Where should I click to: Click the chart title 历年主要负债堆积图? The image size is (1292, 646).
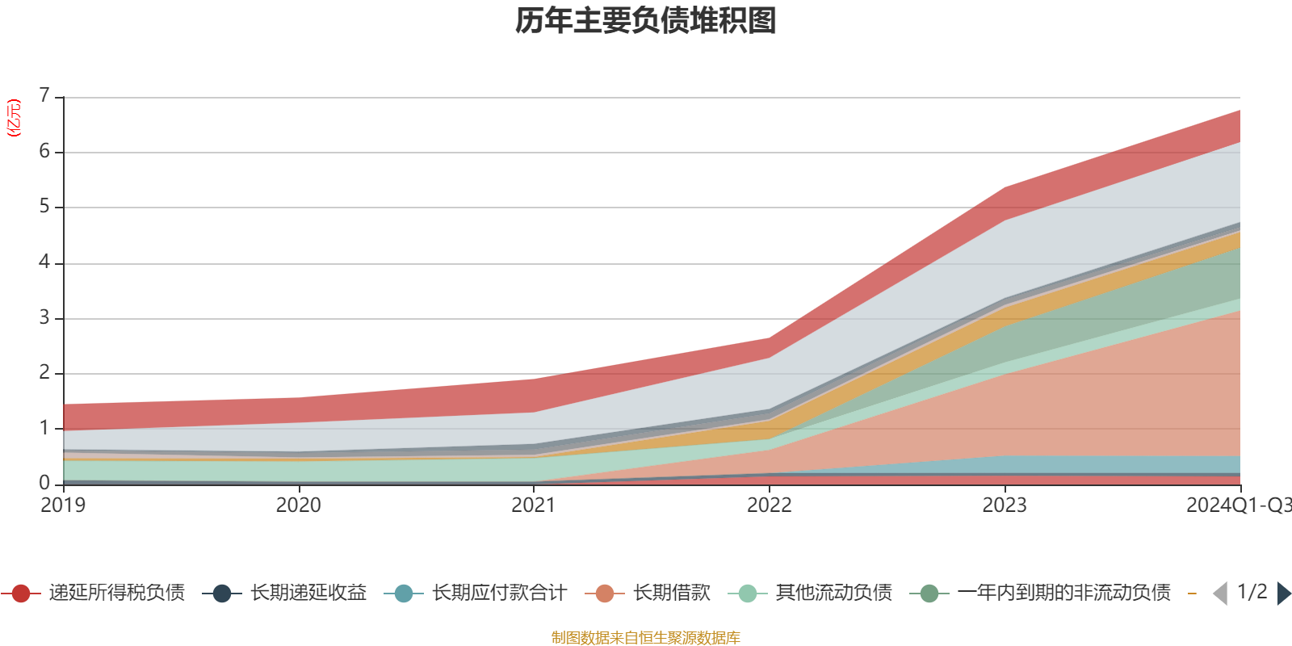[646, 21]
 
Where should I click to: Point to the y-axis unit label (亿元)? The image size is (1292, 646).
[14, 118]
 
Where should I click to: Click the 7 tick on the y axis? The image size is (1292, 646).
[44, 96]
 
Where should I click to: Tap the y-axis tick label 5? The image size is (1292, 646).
[44, 207]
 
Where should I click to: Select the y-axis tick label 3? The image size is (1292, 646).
[44, 317]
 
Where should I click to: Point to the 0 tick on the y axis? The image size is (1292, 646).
[44, 483]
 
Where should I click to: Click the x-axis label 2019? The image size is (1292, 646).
[63, 505]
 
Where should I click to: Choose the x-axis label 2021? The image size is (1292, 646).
[534, 505]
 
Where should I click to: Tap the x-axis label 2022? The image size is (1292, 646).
[769, 505]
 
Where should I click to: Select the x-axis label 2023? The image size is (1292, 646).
[1005, 505]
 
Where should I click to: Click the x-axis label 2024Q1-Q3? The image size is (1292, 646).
[1237, 505]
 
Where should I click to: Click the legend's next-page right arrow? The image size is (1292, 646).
[1283, 594]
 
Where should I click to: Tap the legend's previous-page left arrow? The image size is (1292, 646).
[1220, 594]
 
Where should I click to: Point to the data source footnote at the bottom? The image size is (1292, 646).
[646, 638]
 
